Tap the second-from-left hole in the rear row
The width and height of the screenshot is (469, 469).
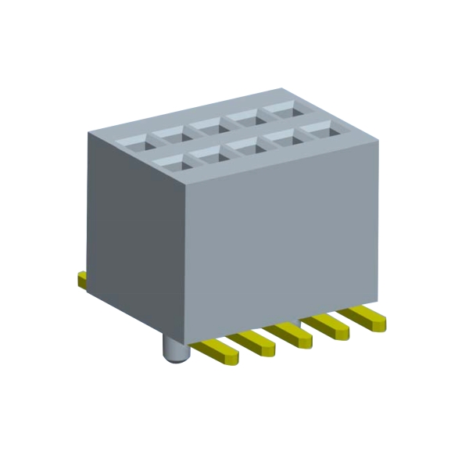pos(170,134)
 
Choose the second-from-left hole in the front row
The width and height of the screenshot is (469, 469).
pos(209,154)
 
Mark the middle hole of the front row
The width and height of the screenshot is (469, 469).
pos(245,145)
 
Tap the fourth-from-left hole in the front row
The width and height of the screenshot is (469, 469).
pos(282,137)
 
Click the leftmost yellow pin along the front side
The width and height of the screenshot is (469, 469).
pos(216,350)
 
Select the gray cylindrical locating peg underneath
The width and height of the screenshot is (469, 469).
pos(177,349)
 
